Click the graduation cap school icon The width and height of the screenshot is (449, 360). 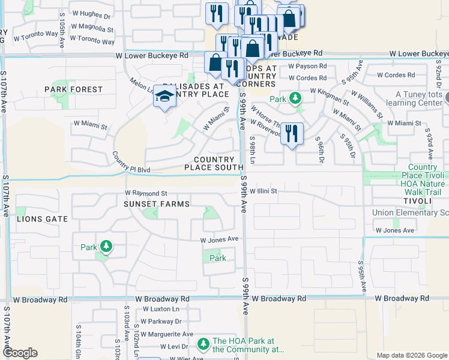[164, 96]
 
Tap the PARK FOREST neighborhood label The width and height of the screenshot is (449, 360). [74, 89]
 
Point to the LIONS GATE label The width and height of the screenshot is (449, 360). [42, 219]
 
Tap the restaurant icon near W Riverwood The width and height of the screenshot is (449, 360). [291, 133]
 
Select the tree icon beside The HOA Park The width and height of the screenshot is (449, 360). [203, 344]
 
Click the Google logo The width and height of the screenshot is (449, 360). [20, 353]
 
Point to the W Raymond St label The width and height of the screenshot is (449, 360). [146, 193]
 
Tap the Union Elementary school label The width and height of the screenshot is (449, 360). [410, 213]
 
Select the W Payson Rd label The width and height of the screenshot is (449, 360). [307, 67]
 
